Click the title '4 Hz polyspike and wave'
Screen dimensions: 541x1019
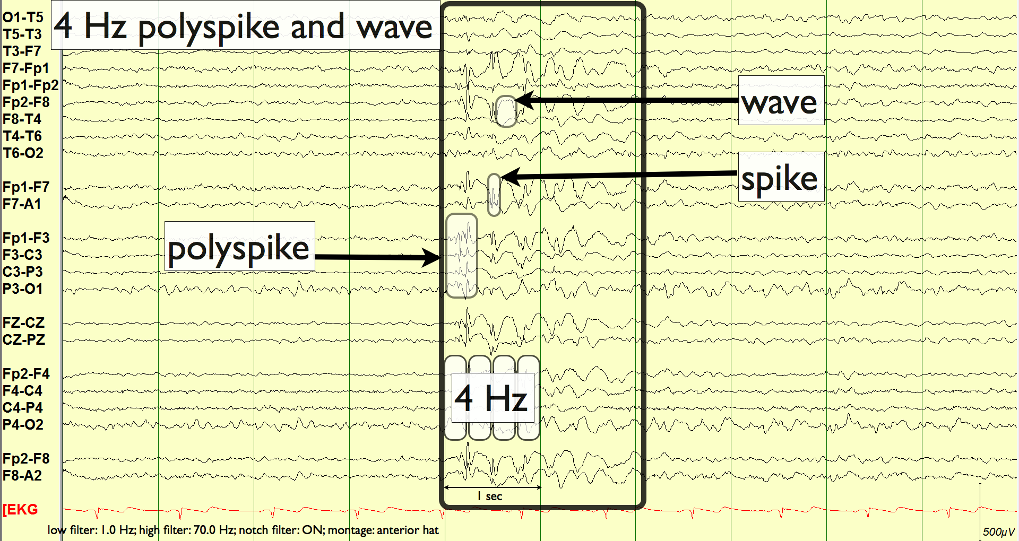pyautogui.click(x=244, y=27)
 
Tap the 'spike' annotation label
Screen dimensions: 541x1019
pyautogui.click(x=780, y=177)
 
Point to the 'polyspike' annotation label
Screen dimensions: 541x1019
pyautogui.click(x=239, y=247)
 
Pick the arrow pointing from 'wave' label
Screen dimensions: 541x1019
pyautogui.click(x=626, y=100)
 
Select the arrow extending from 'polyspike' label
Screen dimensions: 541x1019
pyautogui.click(x=377, y=258)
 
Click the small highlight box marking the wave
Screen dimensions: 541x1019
pyautogui.click(x=506, y=111)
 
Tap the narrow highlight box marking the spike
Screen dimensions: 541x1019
pyautogui.click(x=494, y=195)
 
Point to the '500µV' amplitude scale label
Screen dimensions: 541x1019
pyautogui.click(x=998, y=531)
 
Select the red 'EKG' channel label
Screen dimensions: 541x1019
pyautogui.click(x=21, y=510)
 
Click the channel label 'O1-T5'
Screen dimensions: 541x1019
pyautogui.click(x=23, y=18)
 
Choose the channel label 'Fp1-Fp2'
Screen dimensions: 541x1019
pyautogui.click(x=30, y=85)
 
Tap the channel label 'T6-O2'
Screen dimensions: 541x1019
pyautogui.click(x=23, y=153)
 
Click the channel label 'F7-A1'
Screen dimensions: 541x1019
pyautogui.click(x=22, y=204)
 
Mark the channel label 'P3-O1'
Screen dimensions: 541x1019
pyautogui.click(x=22, y=289)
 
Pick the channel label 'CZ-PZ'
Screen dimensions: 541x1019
pyautogui.click(x=24, y=340)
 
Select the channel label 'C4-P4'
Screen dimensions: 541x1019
pyautogui.click(x=23, y=408)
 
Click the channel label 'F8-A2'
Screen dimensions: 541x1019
pyautogui.click(x=22, y=476)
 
